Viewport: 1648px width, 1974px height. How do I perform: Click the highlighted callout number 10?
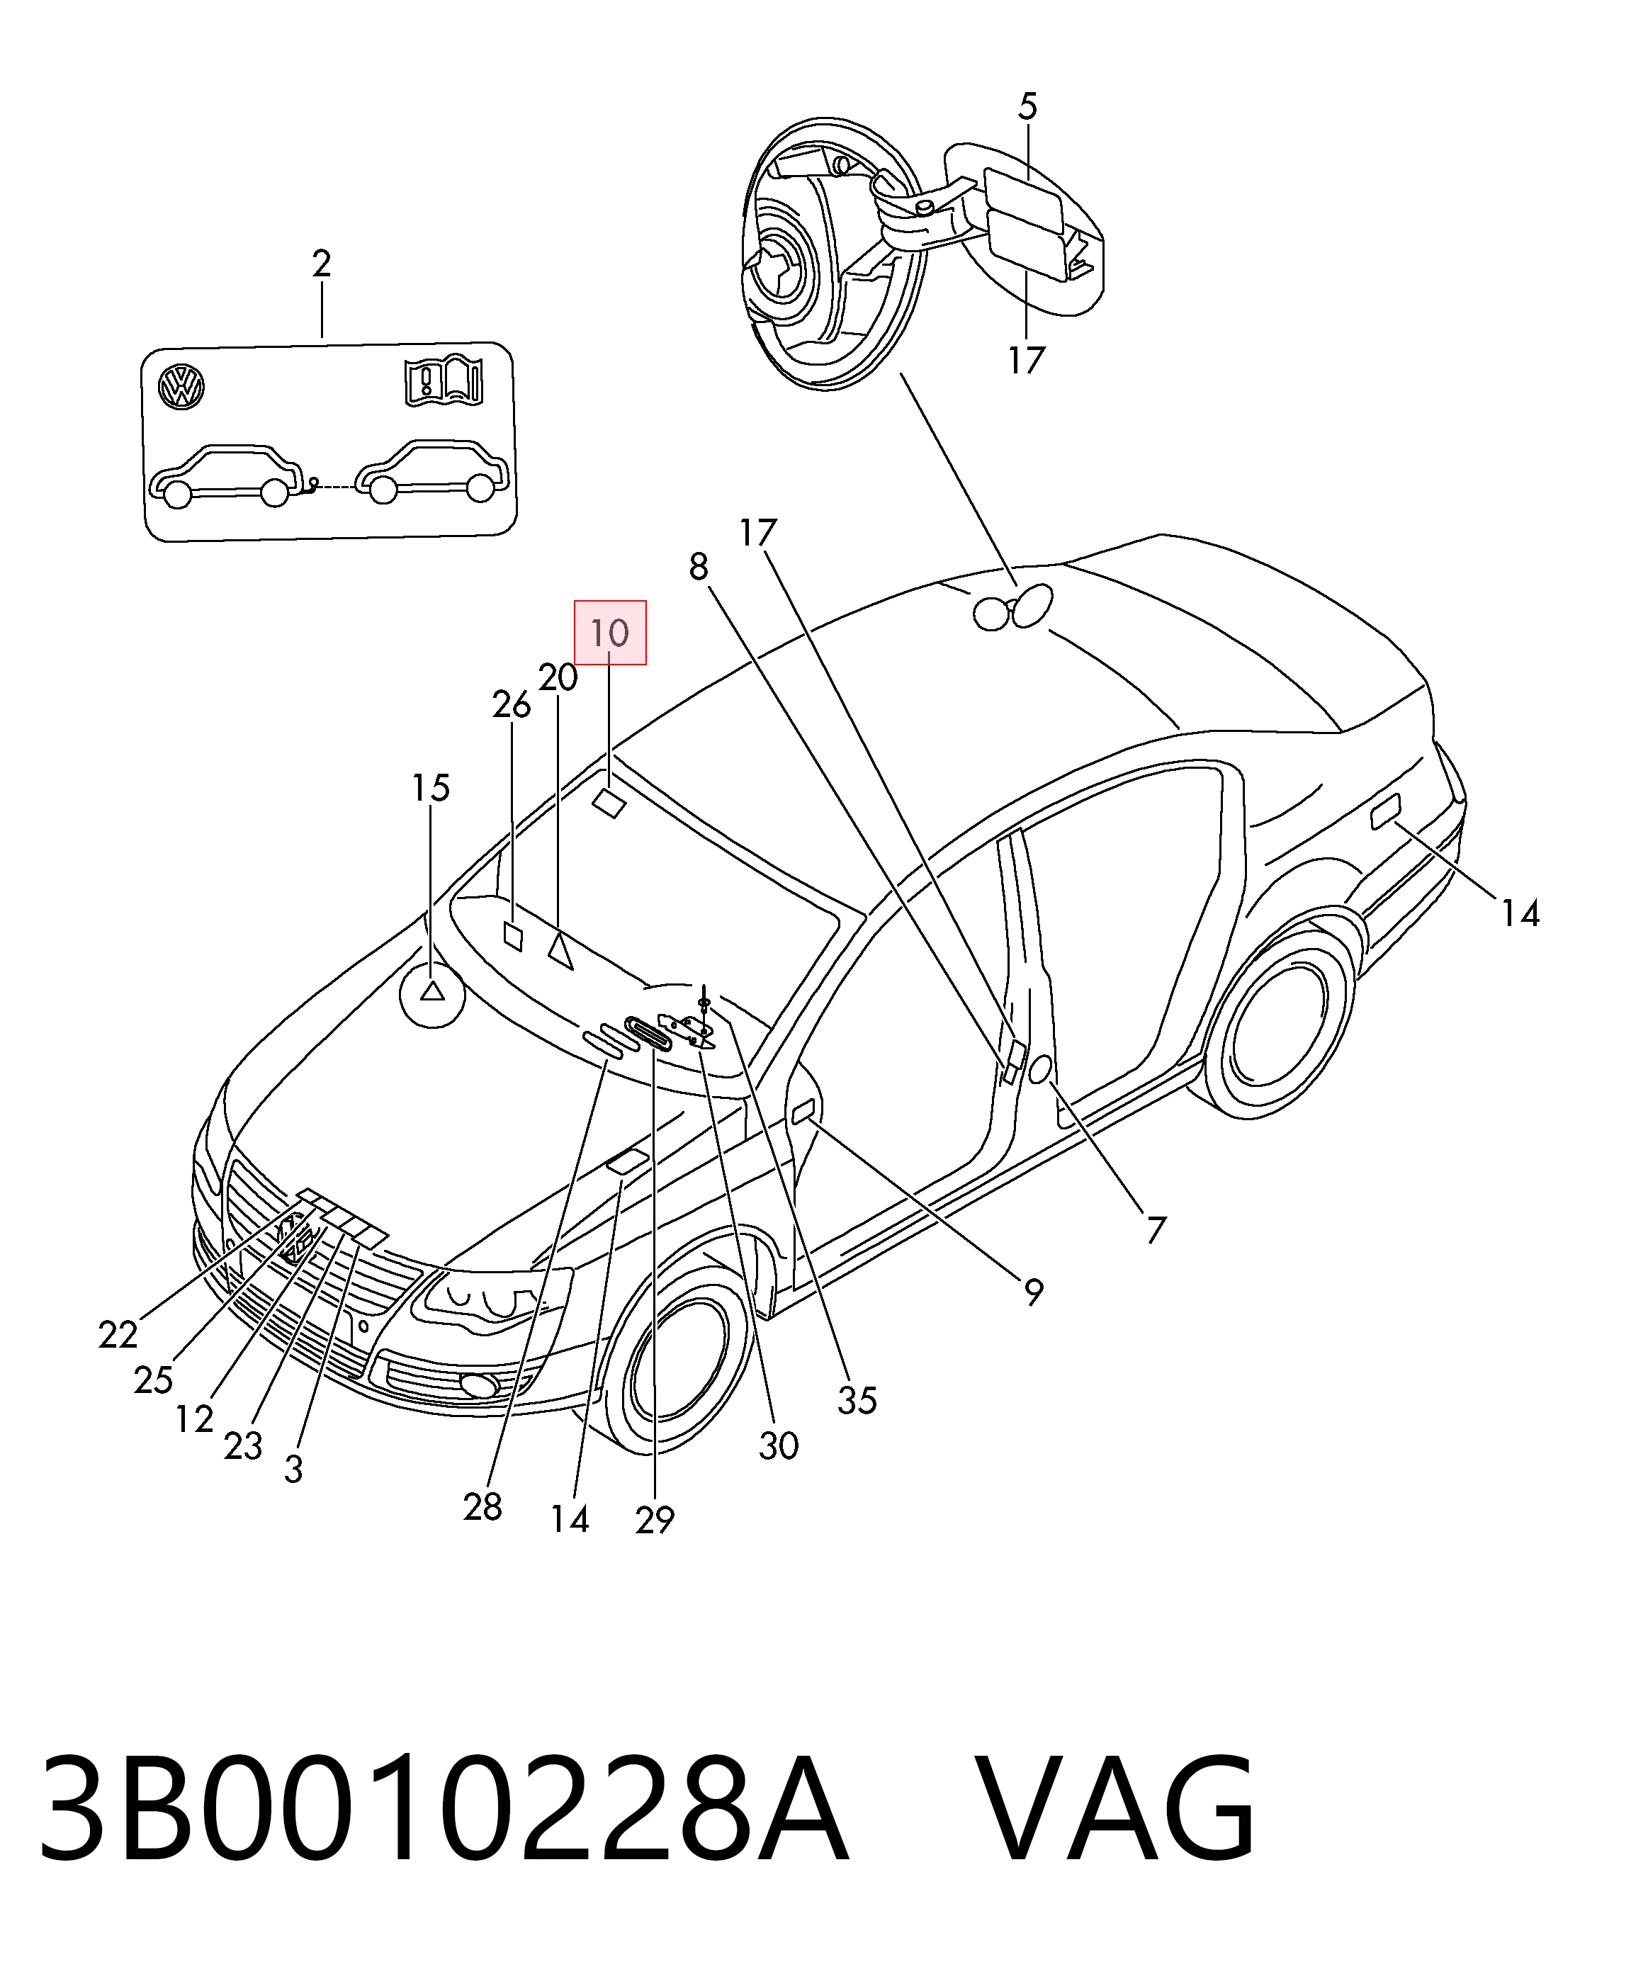[610, 633]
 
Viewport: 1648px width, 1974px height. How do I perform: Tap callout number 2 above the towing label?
[322, 264]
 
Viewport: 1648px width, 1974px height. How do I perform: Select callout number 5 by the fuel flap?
[1027, 107]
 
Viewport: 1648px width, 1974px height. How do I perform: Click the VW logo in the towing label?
[181, 388]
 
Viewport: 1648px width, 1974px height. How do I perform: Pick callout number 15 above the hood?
[431, 788]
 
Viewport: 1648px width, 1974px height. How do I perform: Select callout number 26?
[512, 705]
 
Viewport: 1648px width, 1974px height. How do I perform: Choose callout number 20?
[558, 677]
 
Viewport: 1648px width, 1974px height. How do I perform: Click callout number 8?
[699, 567]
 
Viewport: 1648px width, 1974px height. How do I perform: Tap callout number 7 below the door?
[1156, 1229]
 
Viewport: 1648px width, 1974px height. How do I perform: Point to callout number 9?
[1033, 1293]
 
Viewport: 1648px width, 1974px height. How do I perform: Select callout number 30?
[779, 1445]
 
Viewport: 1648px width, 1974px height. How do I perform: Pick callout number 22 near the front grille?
[118, 1334]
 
